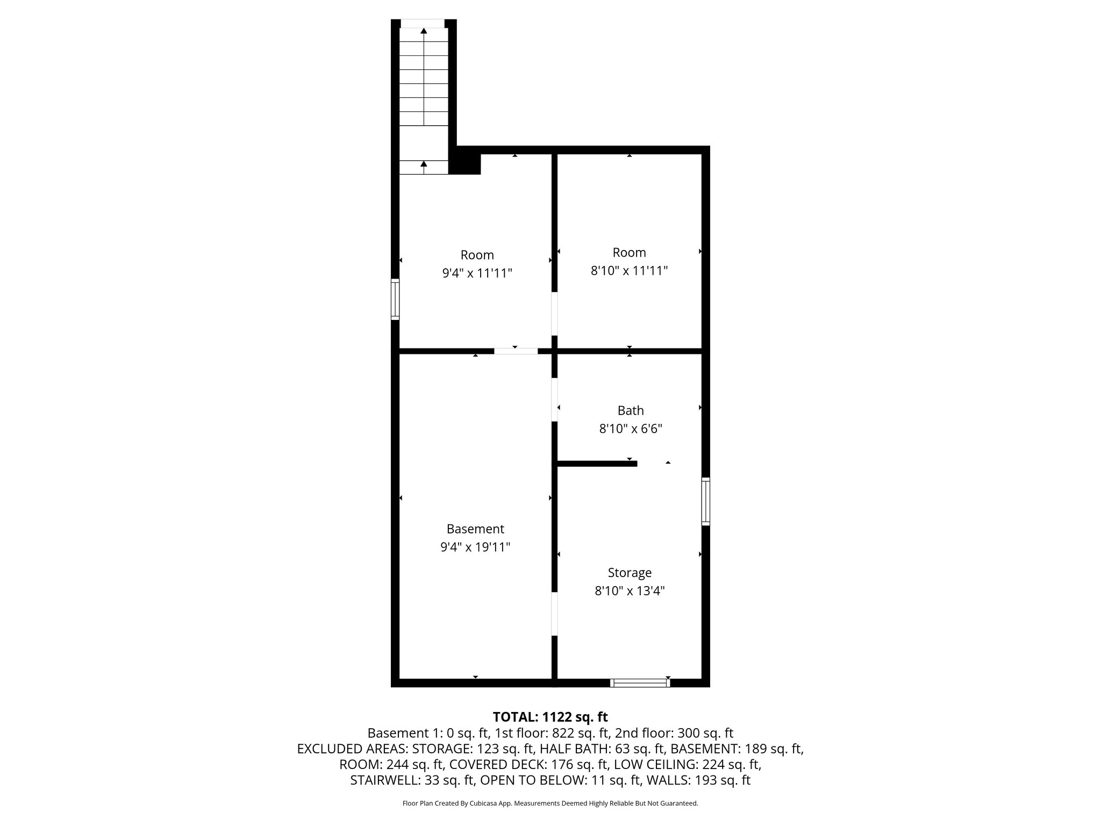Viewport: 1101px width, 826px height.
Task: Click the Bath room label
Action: point(630,411)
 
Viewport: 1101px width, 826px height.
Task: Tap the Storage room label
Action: point(630,573)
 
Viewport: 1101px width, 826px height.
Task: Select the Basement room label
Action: point(475,529)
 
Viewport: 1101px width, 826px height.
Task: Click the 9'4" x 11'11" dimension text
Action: point(477,273)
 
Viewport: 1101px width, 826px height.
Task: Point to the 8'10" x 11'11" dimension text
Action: point(629,270)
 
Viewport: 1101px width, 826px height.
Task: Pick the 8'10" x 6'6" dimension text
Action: point(630,429)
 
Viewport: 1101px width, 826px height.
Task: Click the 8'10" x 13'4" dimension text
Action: point(630,591)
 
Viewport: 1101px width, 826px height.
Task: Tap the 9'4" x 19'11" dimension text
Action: point(475,547)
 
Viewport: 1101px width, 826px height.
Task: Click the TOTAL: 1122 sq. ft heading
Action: point(550,717)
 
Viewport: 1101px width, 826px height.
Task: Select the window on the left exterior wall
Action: point(395,300)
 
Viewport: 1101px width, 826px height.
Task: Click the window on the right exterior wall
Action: point(706,501)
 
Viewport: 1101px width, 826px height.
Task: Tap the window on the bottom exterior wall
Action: point(640,683)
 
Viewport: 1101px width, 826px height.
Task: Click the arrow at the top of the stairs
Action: point(424,31)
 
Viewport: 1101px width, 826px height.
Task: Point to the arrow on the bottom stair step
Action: point(424,164)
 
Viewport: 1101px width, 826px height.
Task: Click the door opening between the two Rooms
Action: point(554,314)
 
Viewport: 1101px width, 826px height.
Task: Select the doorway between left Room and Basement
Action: point(516,351)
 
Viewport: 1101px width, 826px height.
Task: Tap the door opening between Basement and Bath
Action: point(554,399)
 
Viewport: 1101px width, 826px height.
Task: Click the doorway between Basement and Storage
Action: point(554,614)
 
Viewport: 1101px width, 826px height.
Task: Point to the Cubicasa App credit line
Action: point(550,803)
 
